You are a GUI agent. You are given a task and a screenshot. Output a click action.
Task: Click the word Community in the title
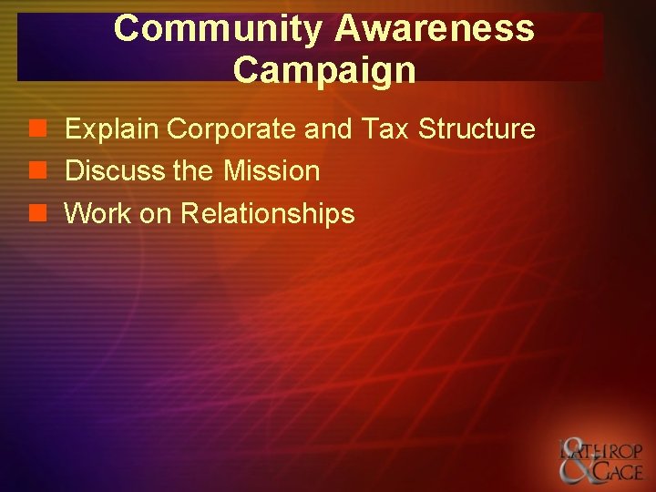point(218,29)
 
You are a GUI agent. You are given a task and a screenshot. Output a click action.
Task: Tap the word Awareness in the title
point(435,29)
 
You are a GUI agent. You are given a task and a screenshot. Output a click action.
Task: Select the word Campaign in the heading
point(324,70)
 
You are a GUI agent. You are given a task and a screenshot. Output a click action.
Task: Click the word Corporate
point(232,130)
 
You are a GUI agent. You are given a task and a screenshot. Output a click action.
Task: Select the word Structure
point(477,129)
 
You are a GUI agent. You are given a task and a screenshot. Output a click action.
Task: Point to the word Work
point(97,214)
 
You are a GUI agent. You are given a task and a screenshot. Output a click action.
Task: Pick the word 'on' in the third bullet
point(155,214)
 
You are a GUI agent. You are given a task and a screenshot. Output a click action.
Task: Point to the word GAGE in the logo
point(618,472)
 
